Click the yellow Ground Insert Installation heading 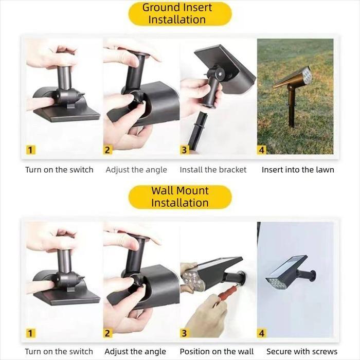click(179, 14)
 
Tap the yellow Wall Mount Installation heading click(179, 196)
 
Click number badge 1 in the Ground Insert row click(31, 150)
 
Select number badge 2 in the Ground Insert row click(107, 150)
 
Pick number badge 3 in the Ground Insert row click(185, 150)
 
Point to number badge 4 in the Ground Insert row click(262, 150)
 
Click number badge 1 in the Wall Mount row click(31, 333)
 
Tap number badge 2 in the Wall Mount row click(107, 333)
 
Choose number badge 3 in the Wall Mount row click(185, 333)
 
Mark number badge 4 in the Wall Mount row click(262, 333)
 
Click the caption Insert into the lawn click(298, 170)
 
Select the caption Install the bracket click(213, 170)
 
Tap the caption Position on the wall click(217, 352)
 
